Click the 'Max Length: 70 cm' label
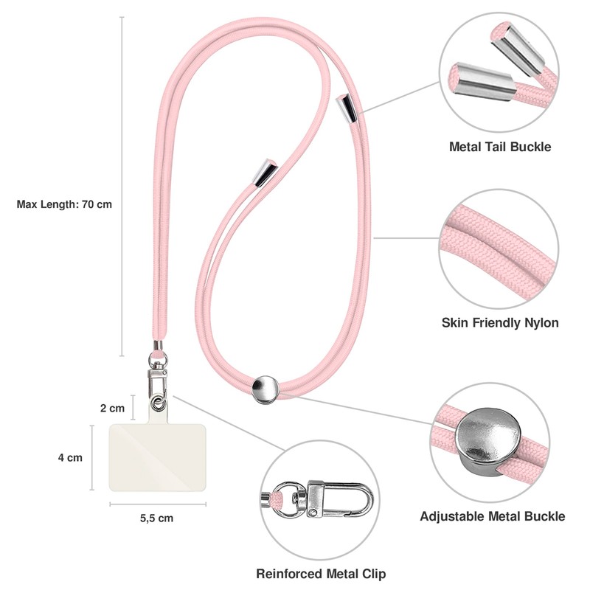click(x=64, y=204)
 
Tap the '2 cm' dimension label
click(x=112, y=407)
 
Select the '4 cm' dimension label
click(x=70, y=457)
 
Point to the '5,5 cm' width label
click(x=156, y=518)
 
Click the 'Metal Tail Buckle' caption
click(x=500, y=147)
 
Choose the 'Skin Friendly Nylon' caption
click(x=500, y=322)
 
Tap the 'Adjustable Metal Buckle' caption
click(x=493, y=516)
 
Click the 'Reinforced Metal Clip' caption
click(x=321, y=573)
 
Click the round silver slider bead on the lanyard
click(x=265, y=389)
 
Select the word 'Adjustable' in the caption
click(x=453, y=516)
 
